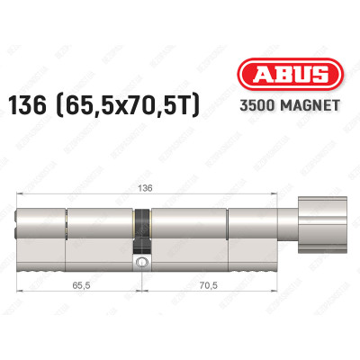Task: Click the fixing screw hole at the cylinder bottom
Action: click(140, 262)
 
